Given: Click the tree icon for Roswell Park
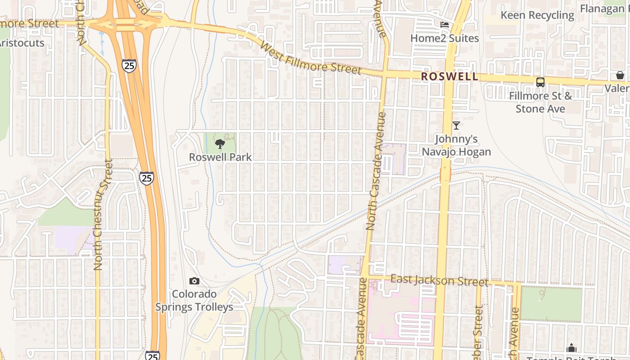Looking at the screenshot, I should tap(220, 144).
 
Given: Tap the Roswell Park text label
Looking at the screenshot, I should tap(220, 157).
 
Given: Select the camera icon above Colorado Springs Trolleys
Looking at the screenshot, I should tap(194, 281).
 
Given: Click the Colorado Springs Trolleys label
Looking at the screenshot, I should tap(194, 301).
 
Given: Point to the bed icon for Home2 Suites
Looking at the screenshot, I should tap(445, 25).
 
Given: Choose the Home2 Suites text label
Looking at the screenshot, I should tap(444, 38).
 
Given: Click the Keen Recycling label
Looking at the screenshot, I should tap(537, 15).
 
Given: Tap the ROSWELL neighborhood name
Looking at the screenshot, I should tap(450, 76).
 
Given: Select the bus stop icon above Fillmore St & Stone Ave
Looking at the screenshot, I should tap(540, 82).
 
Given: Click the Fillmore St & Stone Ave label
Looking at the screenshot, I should tap(540, 102).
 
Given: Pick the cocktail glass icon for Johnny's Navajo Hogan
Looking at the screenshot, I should tap(456, 126).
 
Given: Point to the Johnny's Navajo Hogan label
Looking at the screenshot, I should tap(456, 145).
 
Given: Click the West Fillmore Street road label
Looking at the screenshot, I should tap(310, 58).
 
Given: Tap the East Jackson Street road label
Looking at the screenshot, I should tap(439, 280).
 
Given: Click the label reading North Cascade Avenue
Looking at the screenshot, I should tap(377, 171).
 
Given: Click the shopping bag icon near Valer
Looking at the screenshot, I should tap(620, 75).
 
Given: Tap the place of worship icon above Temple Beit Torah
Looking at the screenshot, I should tap(571, 348).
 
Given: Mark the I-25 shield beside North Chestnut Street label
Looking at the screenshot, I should tap(146, 178).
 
